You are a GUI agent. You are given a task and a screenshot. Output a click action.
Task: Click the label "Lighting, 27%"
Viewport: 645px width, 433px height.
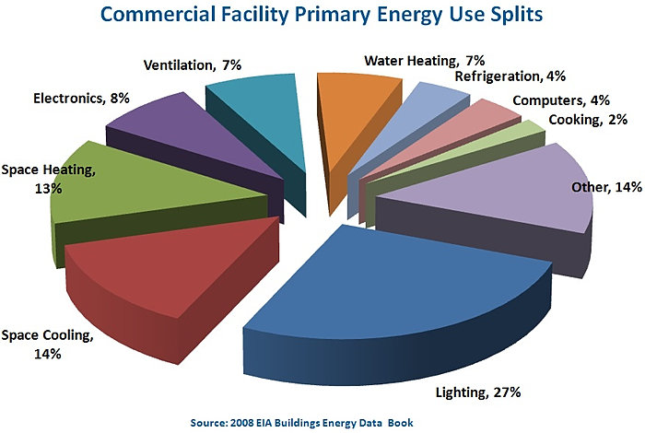[x=478, y=392]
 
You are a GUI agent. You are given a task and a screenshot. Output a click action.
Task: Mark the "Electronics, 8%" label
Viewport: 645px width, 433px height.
[x=80, y=96]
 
